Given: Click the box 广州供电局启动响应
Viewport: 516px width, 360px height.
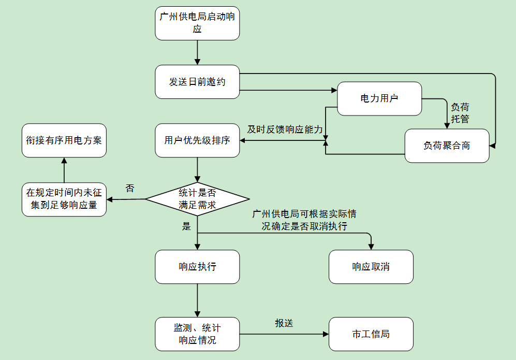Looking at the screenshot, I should pos(197,23).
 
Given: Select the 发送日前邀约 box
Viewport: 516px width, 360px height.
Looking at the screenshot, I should pos(197,82).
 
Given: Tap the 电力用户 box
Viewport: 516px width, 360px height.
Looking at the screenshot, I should pos(379,98).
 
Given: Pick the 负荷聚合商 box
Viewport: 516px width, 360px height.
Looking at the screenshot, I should pos(447,146).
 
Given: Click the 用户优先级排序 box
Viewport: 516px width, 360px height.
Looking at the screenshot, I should pos(197,140).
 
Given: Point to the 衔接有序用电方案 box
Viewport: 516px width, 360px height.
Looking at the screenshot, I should pos(64,140).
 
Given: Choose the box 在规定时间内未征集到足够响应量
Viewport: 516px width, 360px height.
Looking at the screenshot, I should pos(64,199).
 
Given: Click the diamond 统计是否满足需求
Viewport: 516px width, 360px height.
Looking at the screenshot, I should pos(197,199).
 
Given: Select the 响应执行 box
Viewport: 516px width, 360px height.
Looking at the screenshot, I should pos(197,267).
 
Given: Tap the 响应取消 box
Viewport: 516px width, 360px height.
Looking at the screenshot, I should pos(371,267).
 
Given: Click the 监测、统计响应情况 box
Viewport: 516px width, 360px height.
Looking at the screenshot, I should pos(197,334).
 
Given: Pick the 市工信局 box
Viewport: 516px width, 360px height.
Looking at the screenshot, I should pos(371,334).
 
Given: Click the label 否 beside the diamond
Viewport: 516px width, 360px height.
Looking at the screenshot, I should pos(130,189).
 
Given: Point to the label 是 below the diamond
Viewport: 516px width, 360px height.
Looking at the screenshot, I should pos(187,226).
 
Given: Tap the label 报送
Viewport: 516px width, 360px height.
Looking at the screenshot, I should pos(284,323).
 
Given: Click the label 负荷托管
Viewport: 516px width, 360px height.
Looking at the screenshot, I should pos(460,113).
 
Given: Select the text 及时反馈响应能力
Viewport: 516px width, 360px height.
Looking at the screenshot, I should pos(285,129).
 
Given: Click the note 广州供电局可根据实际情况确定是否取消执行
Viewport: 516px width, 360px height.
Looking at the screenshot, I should pos(304,220).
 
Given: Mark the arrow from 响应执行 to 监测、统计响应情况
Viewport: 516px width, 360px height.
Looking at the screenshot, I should pos(197,300).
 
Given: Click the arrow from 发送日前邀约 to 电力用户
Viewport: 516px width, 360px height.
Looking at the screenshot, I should pos(288,91).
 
